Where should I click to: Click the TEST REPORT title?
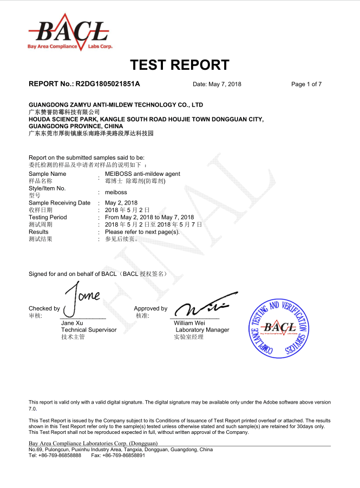[180, 65]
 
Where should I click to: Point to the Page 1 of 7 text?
[306, 84]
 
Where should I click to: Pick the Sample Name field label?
[48, 174]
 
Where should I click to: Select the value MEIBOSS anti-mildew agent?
[142, 174]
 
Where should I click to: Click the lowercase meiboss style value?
[116, 192]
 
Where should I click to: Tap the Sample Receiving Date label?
[60, 203]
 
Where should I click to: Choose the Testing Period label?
[48, 217]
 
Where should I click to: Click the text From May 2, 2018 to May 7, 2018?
[149, 217]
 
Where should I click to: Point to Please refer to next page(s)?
[142, 232]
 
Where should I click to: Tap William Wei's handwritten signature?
[206, 307]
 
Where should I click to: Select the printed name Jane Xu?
[72, 323]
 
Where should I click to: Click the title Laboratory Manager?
[202, 329]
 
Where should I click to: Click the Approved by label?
[150, 308]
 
